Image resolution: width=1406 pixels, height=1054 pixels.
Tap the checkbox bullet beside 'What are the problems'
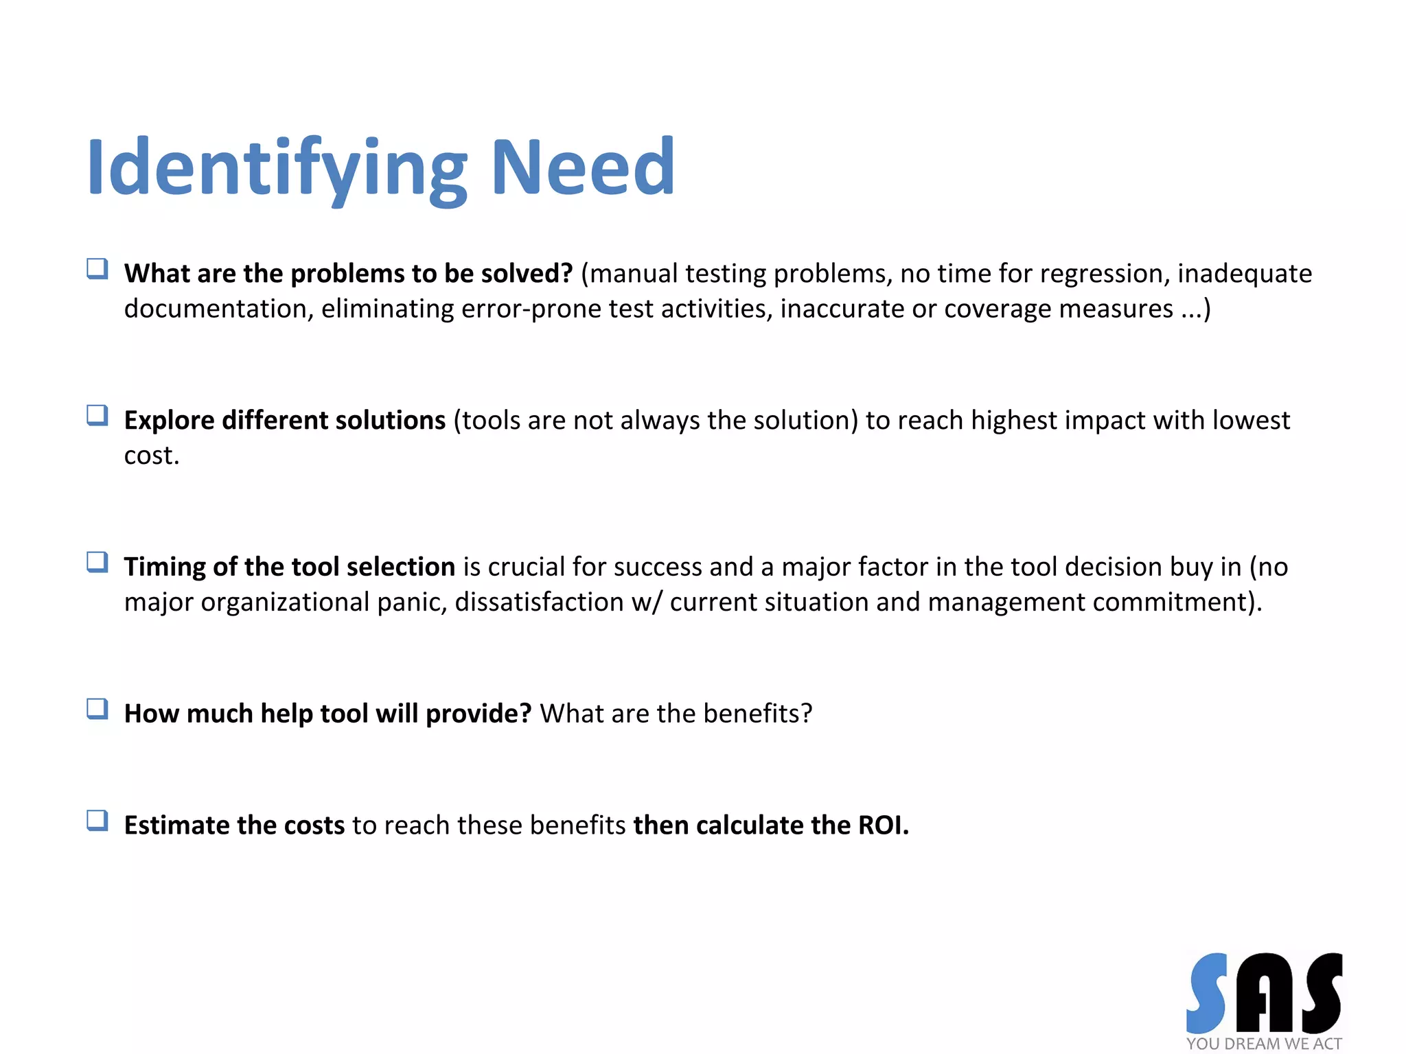pyautogui.click(x=97, y=268)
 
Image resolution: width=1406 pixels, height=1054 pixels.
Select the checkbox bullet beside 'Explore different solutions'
pyautogui.click(x=97, y=415)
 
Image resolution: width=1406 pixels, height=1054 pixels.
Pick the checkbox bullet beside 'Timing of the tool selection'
pyautogui.click(x=97, y=562)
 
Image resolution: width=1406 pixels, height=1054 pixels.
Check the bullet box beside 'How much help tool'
pyautogui.click(x=97, y=709)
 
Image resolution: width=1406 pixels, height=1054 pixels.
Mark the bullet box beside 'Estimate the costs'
pyautogui.click(x=97, y=821)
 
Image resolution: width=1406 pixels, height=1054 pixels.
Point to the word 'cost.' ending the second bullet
pyautogui.click(x=152, y=456)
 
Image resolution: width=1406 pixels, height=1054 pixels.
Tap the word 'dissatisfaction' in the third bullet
pyautogui.click(x=539, y=602)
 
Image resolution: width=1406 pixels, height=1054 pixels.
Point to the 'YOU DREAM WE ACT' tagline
pyautogui.click(x=1264, y=1044)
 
